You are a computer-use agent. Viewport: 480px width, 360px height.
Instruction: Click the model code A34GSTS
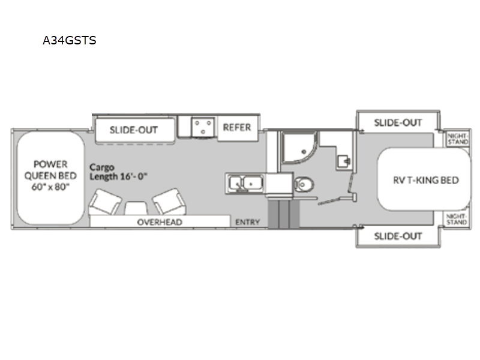(70, 40)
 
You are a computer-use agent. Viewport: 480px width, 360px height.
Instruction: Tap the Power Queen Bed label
(50, 175)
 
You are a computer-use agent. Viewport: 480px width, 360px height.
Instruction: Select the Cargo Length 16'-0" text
(118, 172)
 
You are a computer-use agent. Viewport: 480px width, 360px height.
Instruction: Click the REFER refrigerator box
(237, 127)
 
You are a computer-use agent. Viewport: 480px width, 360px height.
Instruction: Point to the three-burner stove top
(202, 127)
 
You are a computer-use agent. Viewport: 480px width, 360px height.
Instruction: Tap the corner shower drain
(304, 152)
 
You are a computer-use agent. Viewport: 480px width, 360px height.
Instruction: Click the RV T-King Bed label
(426, 180)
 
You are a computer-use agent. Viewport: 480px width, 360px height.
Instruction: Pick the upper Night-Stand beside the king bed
(458, 139)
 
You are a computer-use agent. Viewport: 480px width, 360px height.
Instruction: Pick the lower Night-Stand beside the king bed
(457, 219)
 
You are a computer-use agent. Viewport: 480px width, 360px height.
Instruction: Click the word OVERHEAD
(160, 222)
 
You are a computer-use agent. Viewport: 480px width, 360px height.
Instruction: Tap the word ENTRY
(247, 222)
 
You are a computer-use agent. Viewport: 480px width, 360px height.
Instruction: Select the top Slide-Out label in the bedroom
(398, 123)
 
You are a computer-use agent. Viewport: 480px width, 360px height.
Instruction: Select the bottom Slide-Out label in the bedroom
(398, 236)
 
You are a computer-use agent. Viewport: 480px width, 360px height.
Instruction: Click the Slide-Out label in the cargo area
(134, 130)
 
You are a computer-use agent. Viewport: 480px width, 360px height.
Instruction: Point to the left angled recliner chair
(104, 202)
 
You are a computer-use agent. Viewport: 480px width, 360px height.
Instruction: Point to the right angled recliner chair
(169, 202)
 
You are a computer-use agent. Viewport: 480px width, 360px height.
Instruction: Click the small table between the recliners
(136, 208)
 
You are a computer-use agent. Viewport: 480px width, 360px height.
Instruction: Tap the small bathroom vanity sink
(343, 161)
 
